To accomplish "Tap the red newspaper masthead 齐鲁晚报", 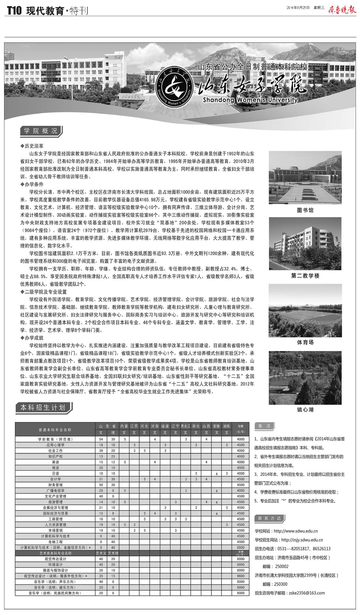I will pos(342,9).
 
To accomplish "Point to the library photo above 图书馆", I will pos(305,177).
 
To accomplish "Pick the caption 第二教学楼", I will pos(305,276).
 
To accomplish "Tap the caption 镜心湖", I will pos(305,410).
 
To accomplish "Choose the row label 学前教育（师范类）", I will pos(55,439).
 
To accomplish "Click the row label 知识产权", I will pos(55,456).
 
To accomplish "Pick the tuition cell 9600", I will pos(240,576).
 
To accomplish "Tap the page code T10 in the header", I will pos(14,11).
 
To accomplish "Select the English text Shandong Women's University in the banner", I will pos(250,100).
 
